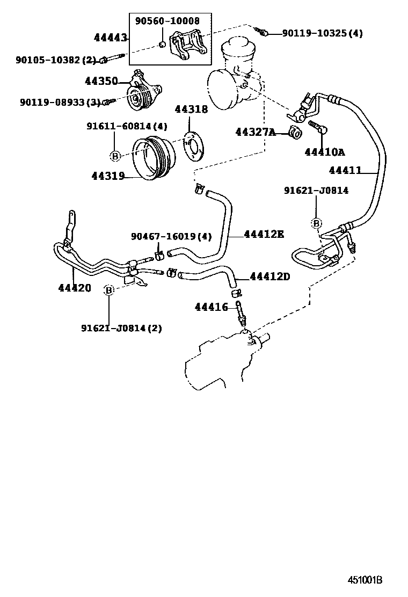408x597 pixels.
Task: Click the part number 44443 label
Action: pos(110,38)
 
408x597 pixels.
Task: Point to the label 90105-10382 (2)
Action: pos(55,60)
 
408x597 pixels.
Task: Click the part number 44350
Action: pos(101,82)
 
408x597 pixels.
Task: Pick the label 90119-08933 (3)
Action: pos(60,101)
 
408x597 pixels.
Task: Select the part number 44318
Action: pos(191,110)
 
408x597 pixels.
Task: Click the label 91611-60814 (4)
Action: pos(127,127)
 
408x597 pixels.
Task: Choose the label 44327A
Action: pos(255,132)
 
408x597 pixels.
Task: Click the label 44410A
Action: pos(324,152)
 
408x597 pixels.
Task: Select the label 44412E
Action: pos(264,234)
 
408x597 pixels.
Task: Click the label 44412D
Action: pos(270,276)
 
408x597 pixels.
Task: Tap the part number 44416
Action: pos(212,307)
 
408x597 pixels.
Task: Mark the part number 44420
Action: pos(75,288)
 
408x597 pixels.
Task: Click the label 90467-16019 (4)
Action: pos(171,236)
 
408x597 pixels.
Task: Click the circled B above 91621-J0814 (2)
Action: pos(109,290)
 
